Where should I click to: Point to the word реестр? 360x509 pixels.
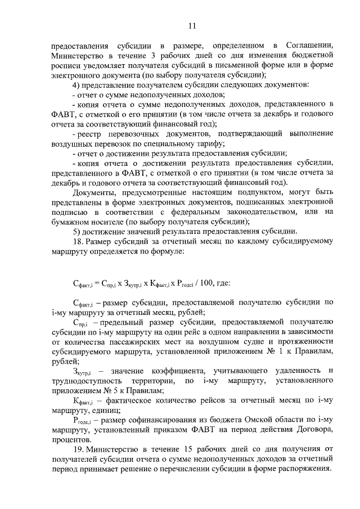(x=92, y=135)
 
